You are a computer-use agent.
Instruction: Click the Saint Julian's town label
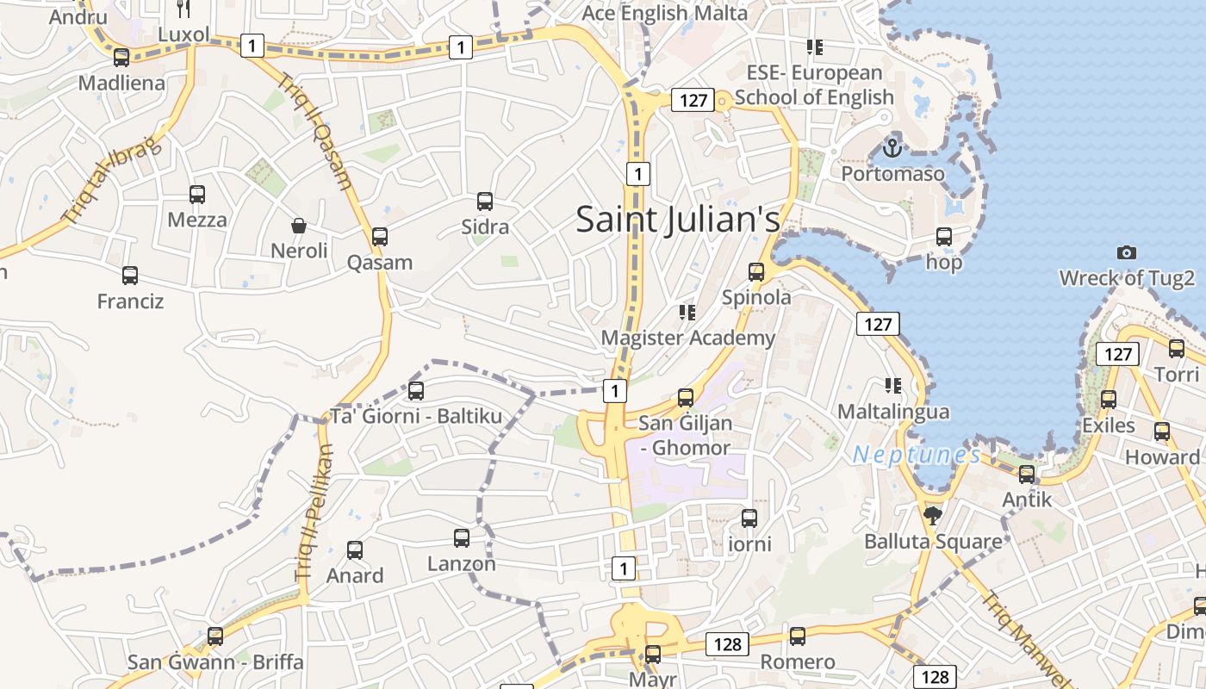pos(678,219)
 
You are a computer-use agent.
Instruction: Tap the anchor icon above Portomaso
pos(892,147)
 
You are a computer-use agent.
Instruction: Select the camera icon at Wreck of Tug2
pos(1126,252)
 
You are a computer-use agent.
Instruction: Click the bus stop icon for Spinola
pos(756,272)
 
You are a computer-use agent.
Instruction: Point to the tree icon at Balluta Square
pos(932,516)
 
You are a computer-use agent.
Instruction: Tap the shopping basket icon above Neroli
pos(299,226)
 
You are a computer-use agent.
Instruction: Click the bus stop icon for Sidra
pos(485,202)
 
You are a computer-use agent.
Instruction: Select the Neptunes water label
pos(917,455)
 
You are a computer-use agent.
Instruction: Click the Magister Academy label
pos(688,338)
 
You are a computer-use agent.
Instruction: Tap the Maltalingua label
pos(893,412)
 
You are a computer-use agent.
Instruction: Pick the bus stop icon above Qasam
pos(380,237)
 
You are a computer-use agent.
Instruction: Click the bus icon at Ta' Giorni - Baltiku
pos(416,391)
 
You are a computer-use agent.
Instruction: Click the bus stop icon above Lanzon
pos(462,538)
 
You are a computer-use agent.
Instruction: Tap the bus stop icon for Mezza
pos(197,195)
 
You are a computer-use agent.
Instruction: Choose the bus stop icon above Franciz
pos(130,276)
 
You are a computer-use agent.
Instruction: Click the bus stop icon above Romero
pos(798,636)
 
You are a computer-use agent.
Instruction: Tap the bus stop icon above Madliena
pos(121,58)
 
